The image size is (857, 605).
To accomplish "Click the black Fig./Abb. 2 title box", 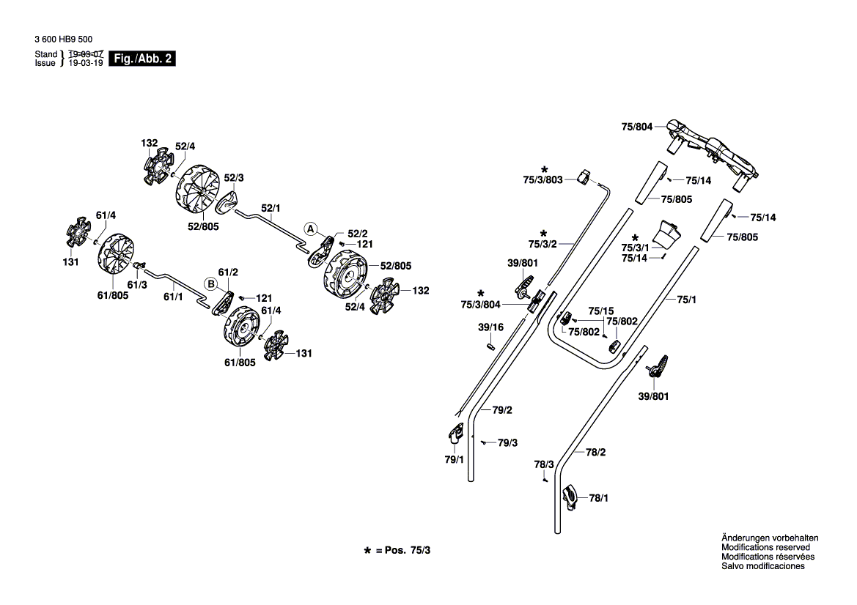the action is coord(142,59).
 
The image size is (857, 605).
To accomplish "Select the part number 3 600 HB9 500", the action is coord(63,40).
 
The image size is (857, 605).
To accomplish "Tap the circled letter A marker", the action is coord(310,229).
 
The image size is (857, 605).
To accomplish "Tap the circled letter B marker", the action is coord(211,284).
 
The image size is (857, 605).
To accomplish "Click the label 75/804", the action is coord(637,127).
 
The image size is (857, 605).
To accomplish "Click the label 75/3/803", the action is coord(542,179).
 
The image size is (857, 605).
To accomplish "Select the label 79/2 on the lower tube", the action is coord(501,410).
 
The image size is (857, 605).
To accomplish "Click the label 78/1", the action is coord(598,498).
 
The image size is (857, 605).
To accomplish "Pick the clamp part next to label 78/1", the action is coord(570,497).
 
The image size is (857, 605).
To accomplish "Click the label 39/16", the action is coord(490,327).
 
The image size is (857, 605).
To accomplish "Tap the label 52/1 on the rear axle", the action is coord(271,208).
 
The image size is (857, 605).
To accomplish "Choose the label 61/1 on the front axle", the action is coord(173,297).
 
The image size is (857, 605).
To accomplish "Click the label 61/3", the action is coord(137,285).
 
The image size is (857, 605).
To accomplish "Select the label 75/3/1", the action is coord(635,248).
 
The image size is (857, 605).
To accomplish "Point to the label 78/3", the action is coord(544,464).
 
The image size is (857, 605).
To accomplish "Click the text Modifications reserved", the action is coord(765,547).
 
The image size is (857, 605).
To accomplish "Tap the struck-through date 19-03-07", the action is coord(85,54).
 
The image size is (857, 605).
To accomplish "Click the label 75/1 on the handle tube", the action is coord(686,300).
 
